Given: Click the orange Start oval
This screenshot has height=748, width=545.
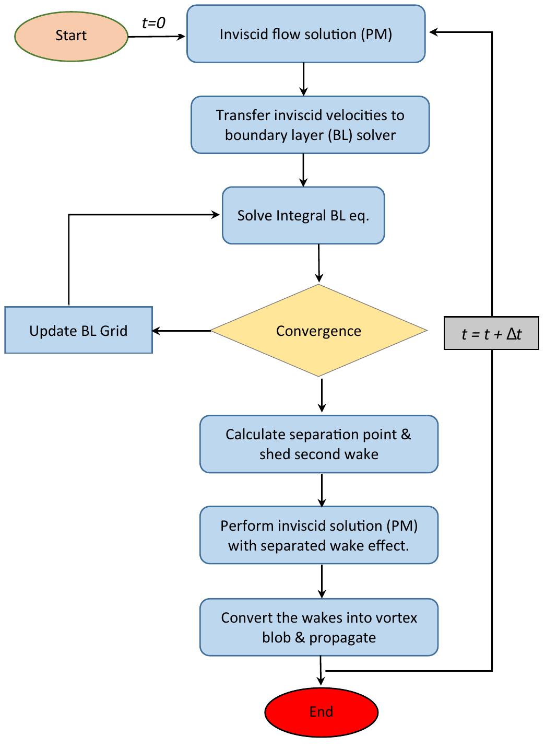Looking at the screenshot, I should click(x=71, y=36).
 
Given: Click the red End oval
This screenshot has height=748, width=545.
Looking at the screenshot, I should click(x=321, y=712).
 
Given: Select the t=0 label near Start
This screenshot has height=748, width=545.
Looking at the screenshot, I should click(x=153, y=23).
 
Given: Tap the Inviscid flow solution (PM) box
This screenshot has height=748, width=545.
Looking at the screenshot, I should click(x=306, y=34).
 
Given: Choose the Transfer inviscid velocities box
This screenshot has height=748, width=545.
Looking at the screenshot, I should click(x=310, y=125).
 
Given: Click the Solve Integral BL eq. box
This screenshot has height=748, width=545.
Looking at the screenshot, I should click(x=303, y=216).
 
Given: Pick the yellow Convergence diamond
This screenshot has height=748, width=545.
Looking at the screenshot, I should click(x=318, y=331).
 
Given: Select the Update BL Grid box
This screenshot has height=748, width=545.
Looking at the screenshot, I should click(x=78, y=331).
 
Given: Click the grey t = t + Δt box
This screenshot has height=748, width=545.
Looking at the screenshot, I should click(x=491, y=334).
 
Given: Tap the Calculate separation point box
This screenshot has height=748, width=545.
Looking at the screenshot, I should click(x=318, y=444).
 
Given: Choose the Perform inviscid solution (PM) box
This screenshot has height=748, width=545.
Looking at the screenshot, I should click(x=318, y=535).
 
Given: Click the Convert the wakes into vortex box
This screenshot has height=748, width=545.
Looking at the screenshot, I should click(x=318, y=627).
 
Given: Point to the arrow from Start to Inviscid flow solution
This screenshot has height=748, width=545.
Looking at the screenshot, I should click(x=157, y=37).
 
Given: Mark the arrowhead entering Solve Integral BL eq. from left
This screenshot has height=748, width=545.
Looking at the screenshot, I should click(x=216, y=214).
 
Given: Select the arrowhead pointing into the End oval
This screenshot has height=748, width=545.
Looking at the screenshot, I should click(x=321, y=681).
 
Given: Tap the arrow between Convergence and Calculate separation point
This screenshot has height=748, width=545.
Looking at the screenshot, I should click(x=322, y=395).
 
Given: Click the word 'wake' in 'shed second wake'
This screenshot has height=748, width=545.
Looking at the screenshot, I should click(x=364, y=454).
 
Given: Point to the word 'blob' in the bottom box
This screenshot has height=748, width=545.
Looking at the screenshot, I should click(x=276, y=638).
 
